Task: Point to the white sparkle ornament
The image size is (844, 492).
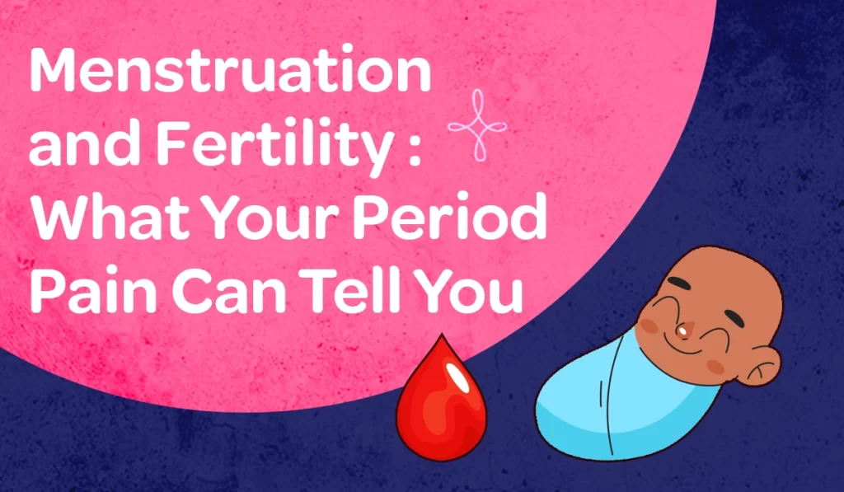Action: pos(476,124)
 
